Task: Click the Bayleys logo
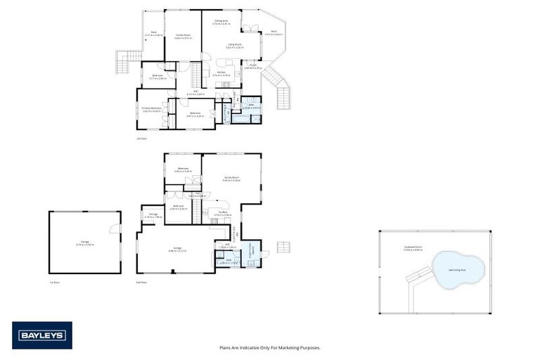pyautogui.click(x=42, y=335)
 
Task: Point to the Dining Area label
pyautogui.click(x=222, y=22)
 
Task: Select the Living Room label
pyautogui.click(x=235, y=46)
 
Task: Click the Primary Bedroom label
pyautogui.click(x=152, y=110)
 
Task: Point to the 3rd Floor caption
pyautogui.click(x=142, y=139)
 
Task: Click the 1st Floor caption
pyautogui.click(x=53, y=282)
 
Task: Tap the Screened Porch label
pyautogui.click(x=413, y=247)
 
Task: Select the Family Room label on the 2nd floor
pyautogui.click(x=232, y=179)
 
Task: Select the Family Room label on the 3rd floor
pyautogui.click(x=184, y=37)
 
